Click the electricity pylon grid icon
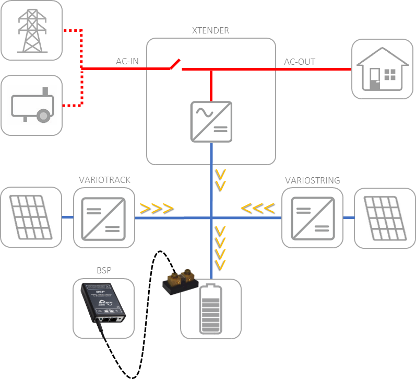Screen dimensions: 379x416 [31, 30]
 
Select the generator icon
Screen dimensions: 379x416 [31, 106]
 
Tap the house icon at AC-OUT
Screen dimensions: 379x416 [382, 69]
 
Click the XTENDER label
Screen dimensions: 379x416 [211, 30]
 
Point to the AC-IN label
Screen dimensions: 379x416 [127, 62]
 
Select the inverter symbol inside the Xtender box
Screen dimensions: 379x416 [211, 122]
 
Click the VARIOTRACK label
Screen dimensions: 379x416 [104, 180]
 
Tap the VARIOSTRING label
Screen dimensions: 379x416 [313, 180]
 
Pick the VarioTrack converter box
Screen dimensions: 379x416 [104, 217]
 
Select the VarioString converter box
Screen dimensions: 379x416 [313, 217]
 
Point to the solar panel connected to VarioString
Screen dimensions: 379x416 [385, 217]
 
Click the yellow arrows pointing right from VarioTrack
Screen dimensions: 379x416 [156, 209]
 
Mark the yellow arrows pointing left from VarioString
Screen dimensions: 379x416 [257, 209]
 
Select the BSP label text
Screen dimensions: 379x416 [104, 271]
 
